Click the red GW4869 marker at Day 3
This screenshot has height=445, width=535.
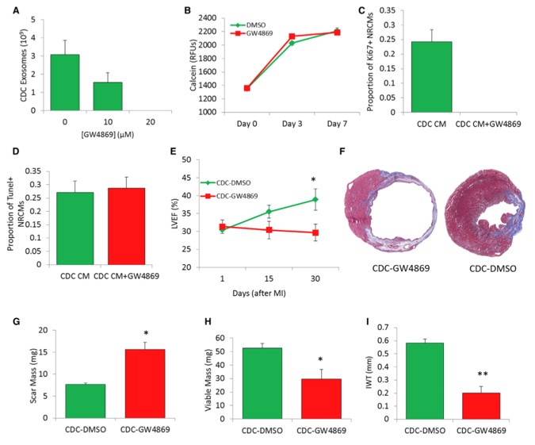[x=292, y=36]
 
